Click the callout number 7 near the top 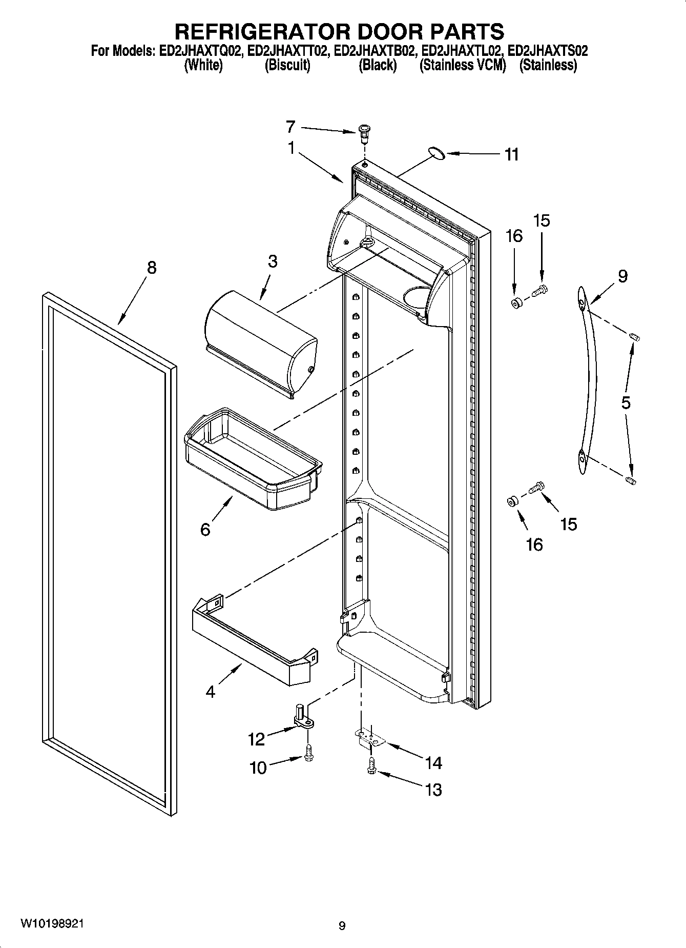click(290, 126)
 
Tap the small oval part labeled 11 click(435, 152)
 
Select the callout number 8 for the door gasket click(152, 267)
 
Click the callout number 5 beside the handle click(626, 402)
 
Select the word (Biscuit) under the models click(287, 65)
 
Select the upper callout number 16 click(514, 236)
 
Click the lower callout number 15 click(569, 524)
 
